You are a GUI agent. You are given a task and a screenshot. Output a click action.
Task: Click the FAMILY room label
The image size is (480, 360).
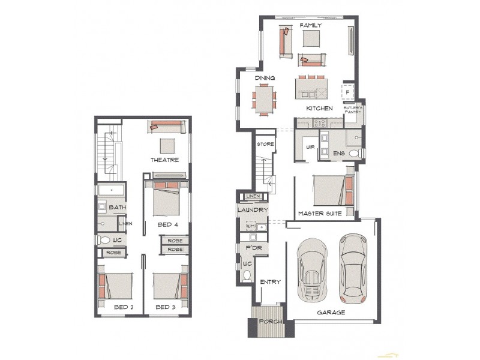[x=311, y=26]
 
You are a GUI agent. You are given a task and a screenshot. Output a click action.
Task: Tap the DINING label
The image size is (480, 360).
[x=265, y=78]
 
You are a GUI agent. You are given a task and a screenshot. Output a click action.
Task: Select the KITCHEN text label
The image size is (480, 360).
[x=319, y=108]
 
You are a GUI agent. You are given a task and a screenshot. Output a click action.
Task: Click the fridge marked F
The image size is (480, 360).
[x=347, y=92]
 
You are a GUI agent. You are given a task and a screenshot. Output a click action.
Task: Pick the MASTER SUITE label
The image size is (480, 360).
[x=320, y=213]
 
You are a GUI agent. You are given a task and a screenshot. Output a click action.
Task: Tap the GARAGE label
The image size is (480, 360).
[x=331, y=312]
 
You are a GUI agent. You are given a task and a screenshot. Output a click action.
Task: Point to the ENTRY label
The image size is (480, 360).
[x=271, y=282]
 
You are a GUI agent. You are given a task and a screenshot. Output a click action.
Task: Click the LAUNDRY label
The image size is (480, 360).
[x=253, y=210]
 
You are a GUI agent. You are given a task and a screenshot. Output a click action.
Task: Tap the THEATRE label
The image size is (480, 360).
[x=165, y=160]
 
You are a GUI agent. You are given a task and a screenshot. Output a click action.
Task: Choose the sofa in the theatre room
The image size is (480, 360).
[x=167, y=126]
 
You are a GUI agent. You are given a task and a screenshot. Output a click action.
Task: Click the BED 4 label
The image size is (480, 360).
[x=168, y=224]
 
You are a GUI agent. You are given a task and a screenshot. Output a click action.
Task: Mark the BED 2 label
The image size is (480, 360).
[x=123, y=307]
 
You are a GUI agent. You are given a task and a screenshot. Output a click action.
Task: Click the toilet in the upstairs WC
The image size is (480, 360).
[x=104, y=240]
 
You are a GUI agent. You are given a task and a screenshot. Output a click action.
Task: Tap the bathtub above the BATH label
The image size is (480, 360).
[x=112, y=191]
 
